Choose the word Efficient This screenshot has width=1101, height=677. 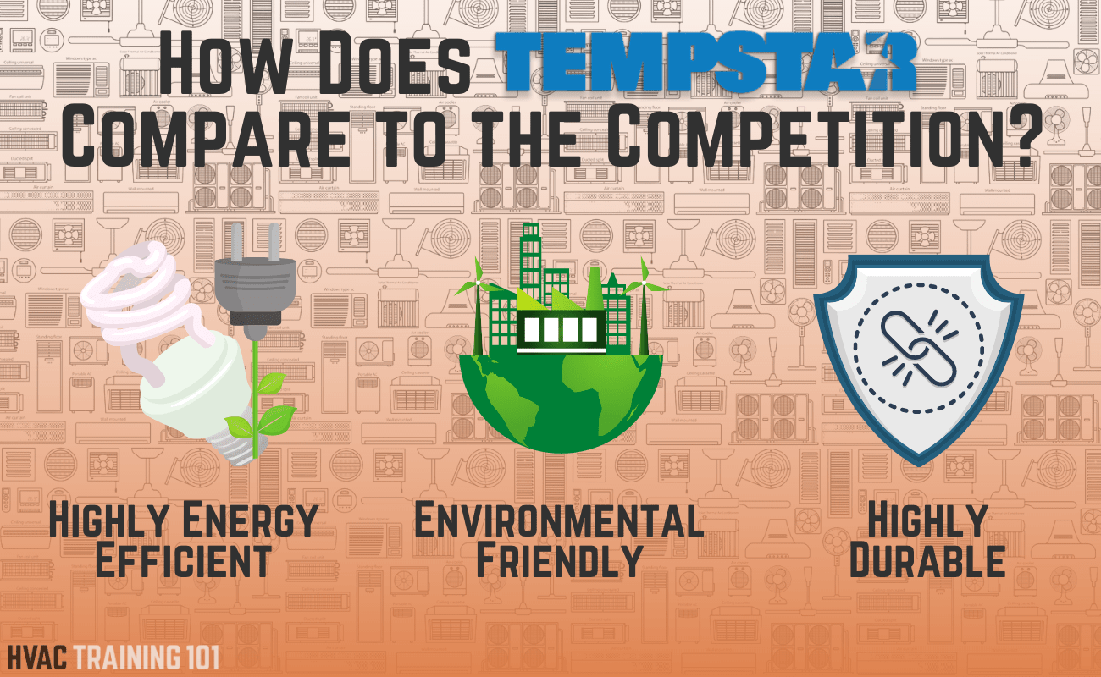[183, 561]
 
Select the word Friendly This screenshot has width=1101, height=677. [559, 561]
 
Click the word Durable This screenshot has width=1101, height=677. [927, 561]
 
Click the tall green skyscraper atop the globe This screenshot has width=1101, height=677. [531, 262]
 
